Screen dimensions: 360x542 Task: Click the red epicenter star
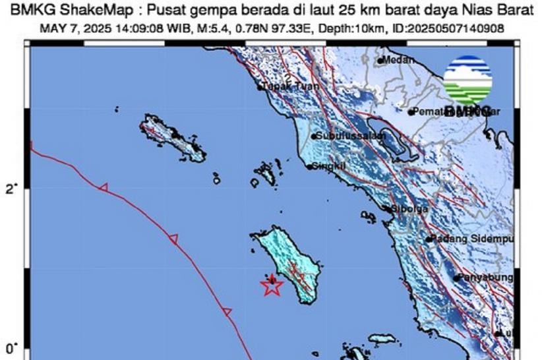tap(272, 286)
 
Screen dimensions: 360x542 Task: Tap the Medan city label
tap(398, 60)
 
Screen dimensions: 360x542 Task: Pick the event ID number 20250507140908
tap(466, 29)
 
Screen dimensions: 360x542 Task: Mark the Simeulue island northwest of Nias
tap(173, 137)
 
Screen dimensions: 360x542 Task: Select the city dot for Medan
tap(380, 61)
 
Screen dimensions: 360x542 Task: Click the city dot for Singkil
tap(309, 167)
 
